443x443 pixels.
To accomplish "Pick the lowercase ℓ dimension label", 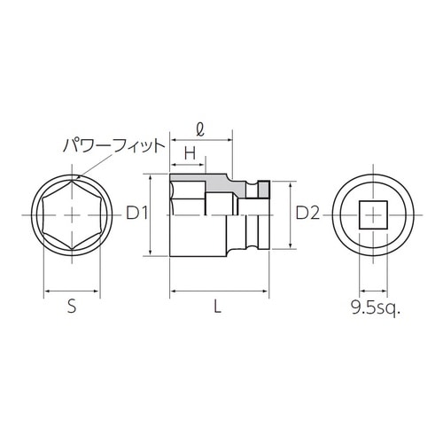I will click(x=201, y=127).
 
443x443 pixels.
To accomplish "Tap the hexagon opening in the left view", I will click(x=71, y=214).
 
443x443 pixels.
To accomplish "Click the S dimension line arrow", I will click(x=71, y=290).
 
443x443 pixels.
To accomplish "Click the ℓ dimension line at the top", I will click(x=201, y=139).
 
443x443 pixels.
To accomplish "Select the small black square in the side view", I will click(x=263, y=189).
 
